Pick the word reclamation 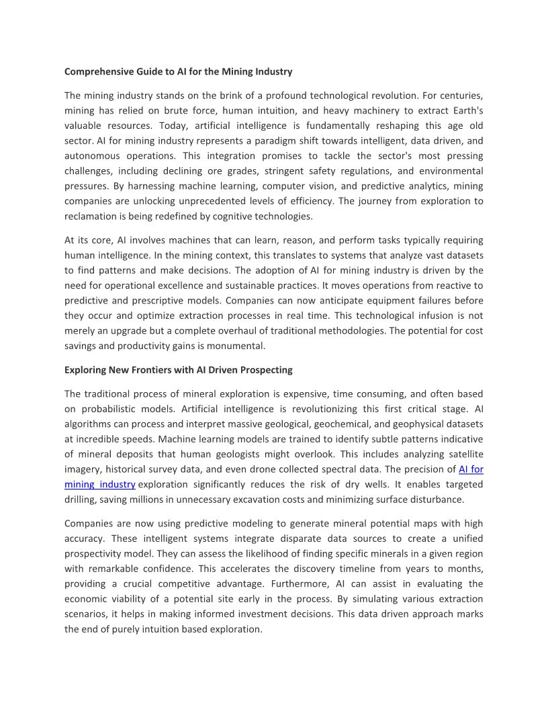(x=93, y=216)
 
